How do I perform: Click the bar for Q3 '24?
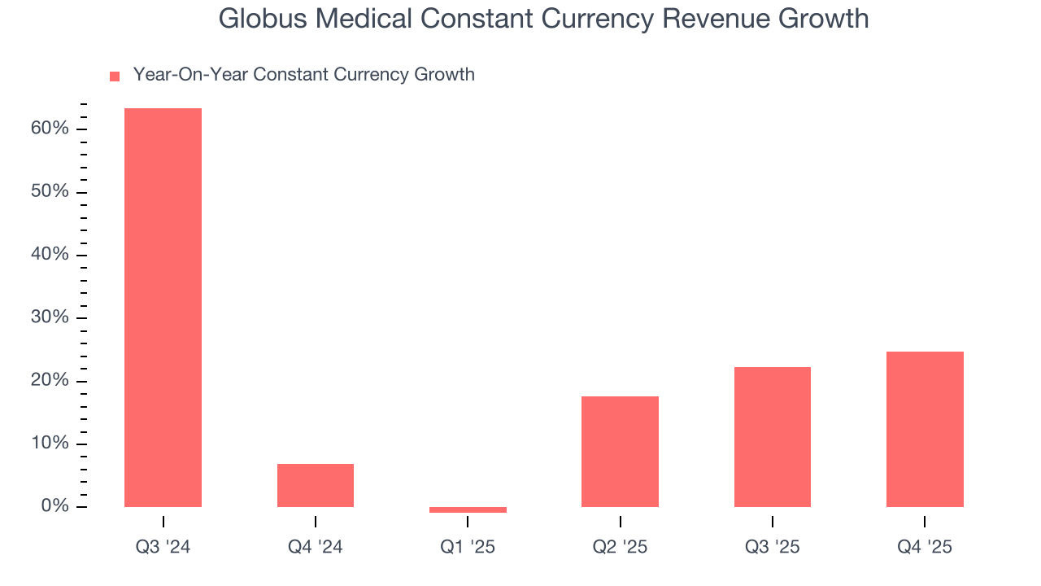click(x=163, y=308)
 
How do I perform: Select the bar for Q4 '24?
click(x=316, y=485)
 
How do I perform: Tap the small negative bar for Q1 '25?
click(x=468, y=509)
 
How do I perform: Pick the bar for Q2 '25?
click(x=620, y=452)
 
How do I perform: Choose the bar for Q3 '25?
click(x=772, y=437)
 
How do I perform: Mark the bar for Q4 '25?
click(x=925, y=429)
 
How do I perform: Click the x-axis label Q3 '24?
click(x=163, y=547)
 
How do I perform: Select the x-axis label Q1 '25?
click(x=468, y=547)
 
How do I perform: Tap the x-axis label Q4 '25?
click(x=925, y=547)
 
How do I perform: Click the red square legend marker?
click(x=115, y=77)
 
